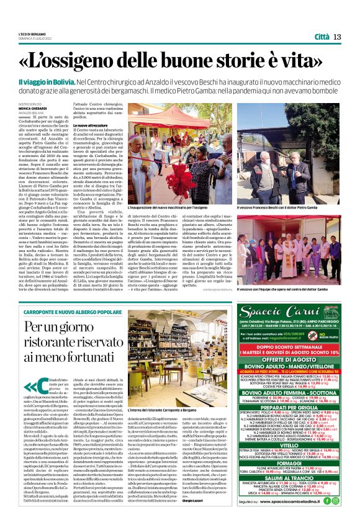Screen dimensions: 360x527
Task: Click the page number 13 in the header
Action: pos(337,37)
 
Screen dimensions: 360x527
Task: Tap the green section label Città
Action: pos(322,37)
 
